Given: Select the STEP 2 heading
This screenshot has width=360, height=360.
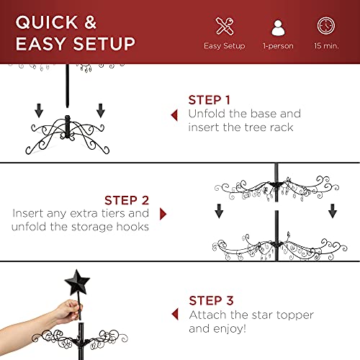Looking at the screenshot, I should pos(126,200).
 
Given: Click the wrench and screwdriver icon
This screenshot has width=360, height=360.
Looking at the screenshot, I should pos(224,26).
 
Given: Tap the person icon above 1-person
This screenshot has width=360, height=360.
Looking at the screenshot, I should pos(278,27).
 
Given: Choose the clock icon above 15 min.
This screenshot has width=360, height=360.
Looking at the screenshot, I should pos(326,26).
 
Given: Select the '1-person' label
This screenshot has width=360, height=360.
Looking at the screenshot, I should pos(278,46).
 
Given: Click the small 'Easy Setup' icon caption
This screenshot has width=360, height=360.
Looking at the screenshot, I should pos(224,46).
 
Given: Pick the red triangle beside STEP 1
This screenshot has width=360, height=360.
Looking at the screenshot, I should pos(174,114).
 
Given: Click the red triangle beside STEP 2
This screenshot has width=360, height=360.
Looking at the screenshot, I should pos(163,214).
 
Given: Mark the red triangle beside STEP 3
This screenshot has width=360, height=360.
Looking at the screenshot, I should pos(174,314).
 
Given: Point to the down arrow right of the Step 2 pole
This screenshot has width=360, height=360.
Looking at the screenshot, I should pos(333,210).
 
